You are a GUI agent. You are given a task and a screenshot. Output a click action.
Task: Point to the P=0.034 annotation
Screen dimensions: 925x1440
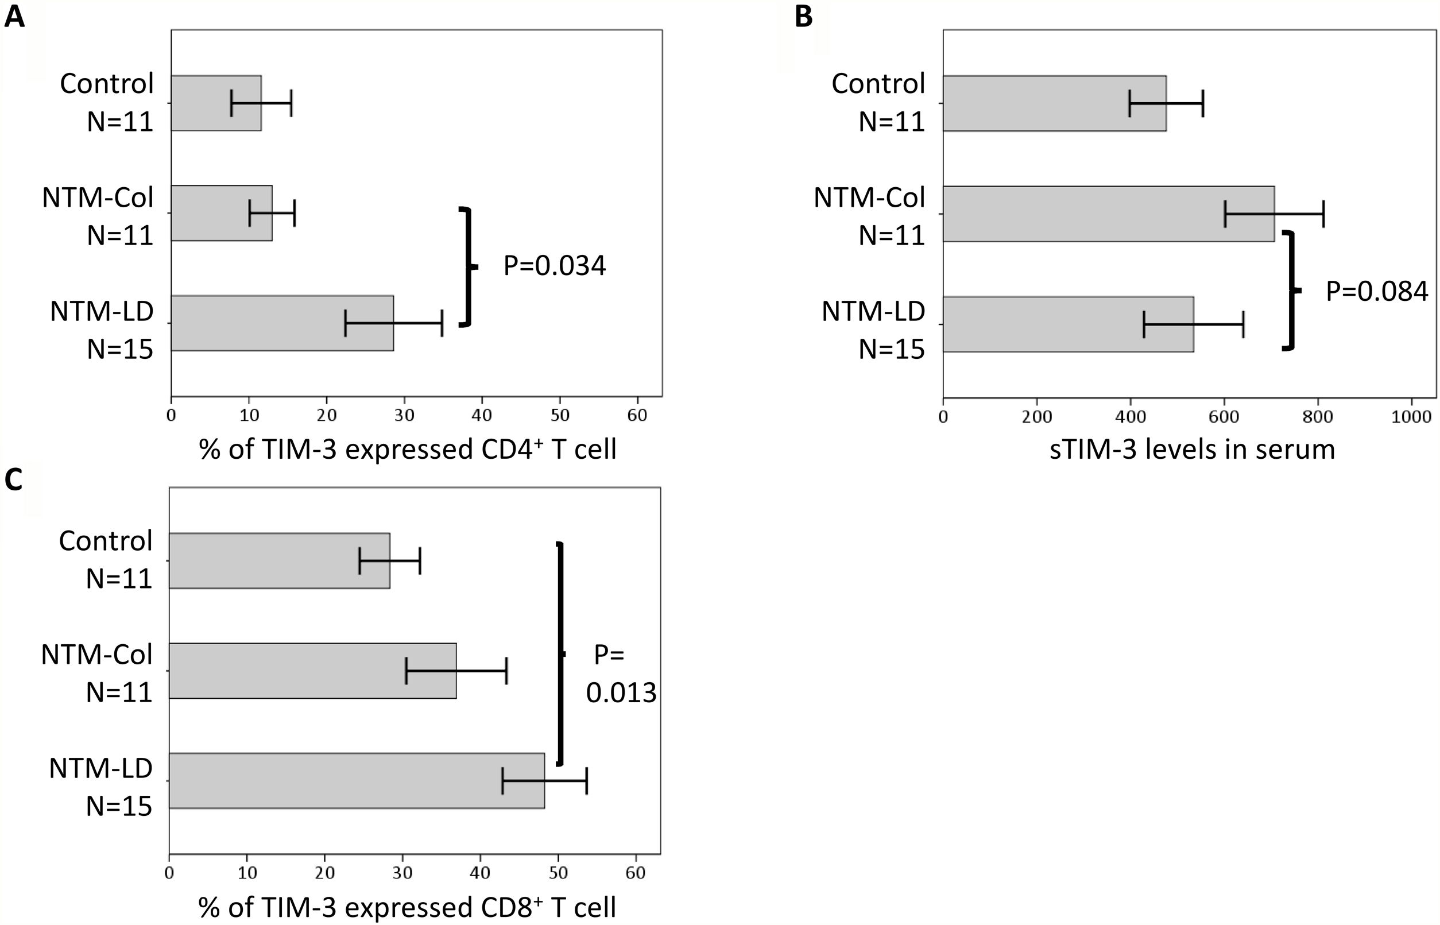(554, 266)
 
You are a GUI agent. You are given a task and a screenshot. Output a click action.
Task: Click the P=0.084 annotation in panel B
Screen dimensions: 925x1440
(1376, 292)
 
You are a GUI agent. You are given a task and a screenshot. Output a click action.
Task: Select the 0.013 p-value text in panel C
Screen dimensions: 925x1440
(621, 693)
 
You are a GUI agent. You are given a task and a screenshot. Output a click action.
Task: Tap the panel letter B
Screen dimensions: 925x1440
(803, 16)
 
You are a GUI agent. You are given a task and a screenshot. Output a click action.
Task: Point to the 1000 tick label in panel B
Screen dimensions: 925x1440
(1411, 416)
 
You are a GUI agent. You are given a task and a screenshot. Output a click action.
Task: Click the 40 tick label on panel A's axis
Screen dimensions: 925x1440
(482, 415)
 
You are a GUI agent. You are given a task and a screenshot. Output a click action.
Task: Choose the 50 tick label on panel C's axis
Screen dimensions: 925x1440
(558, 872)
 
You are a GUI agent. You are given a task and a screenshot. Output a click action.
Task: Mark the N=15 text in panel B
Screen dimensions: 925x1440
(891, 349)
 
